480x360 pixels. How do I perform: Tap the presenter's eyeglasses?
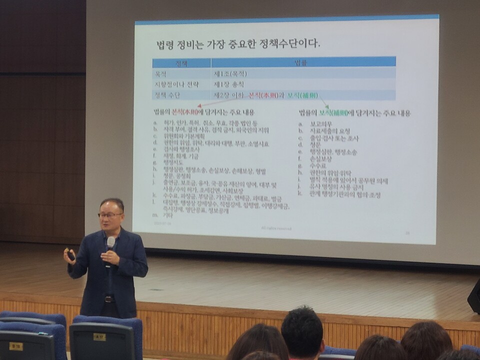[110, 215]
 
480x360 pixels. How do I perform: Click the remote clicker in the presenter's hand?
[70, 255]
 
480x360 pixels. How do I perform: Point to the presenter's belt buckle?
[109, 299]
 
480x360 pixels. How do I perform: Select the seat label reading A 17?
[99, 336]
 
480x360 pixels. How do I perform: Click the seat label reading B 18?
[16, 345]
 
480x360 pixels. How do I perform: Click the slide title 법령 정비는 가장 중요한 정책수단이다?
[237, 44]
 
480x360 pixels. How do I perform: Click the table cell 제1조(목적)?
[230, 73]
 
